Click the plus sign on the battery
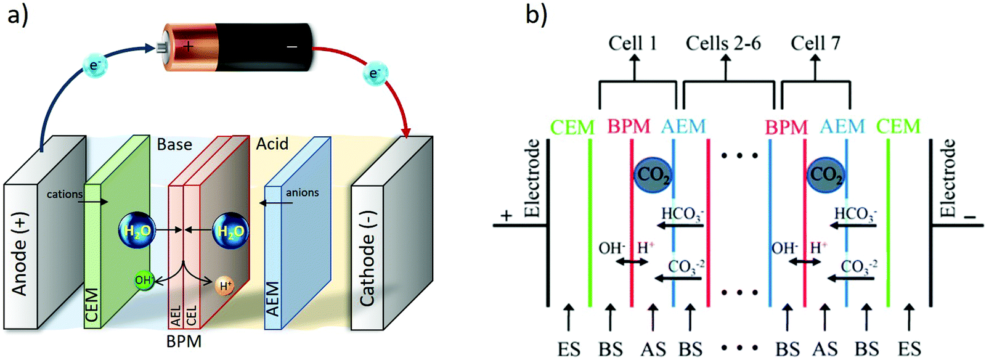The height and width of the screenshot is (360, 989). point(188,46)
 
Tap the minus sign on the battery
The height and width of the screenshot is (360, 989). point(292,46)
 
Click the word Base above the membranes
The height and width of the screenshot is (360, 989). point(174,144)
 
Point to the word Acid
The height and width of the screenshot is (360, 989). point(272,144)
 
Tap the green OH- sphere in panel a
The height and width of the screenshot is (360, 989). point(144,280)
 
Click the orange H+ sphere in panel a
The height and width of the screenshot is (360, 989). point(226,285)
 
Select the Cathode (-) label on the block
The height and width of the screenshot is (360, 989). point(367,259)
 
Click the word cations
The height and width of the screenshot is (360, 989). point(64,194)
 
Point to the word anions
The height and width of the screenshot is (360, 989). point(302,192)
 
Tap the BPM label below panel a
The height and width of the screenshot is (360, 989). point(184,341)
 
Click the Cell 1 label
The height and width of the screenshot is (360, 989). point(632,43)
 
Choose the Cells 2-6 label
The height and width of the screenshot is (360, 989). point(723,43)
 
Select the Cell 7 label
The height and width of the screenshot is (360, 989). point(815,43)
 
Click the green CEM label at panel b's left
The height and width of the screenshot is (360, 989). point(572,127)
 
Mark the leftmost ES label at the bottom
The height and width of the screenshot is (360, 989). point(569,348)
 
